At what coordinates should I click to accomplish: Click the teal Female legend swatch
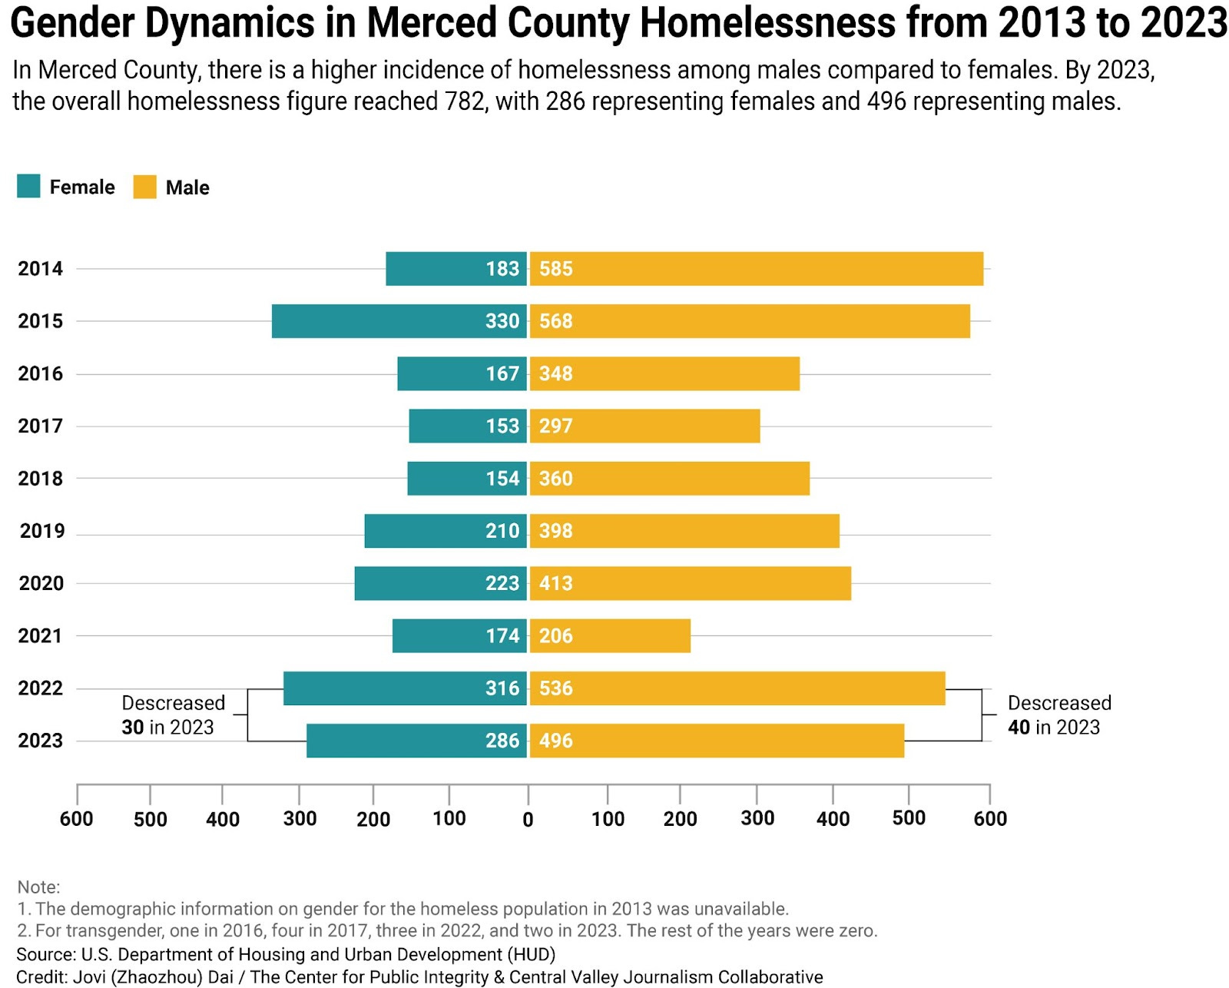(x=28, y=187)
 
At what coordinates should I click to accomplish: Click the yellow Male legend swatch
(x=144, y=187)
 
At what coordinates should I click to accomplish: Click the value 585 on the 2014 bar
(x=555, y=269)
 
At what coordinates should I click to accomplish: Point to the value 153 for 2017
(x=502, y=426)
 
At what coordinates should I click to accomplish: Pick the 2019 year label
(x=42, y=531)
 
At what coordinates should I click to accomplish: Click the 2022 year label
(x=41, y=688)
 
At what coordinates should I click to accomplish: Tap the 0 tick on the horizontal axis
(x=528, y=820)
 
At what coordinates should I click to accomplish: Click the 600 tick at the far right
(x=989, y=819)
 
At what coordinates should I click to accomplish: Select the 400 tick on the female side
(x=223, y=820)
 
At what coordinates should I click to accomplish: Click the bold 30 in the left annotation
(x=133, y=728)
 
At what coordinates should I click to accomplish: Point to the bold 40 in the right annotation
(x=1019, y=728)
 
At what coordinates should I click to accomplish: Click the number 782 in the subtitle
(x=465, y=101)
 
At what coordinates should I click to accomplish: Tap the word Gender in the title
(x=73, y=23)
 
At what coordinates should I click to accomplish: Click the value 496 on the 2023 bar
(x=555, y=741)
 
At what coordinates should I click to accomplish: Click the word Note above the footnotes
(x=38, y=887)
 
